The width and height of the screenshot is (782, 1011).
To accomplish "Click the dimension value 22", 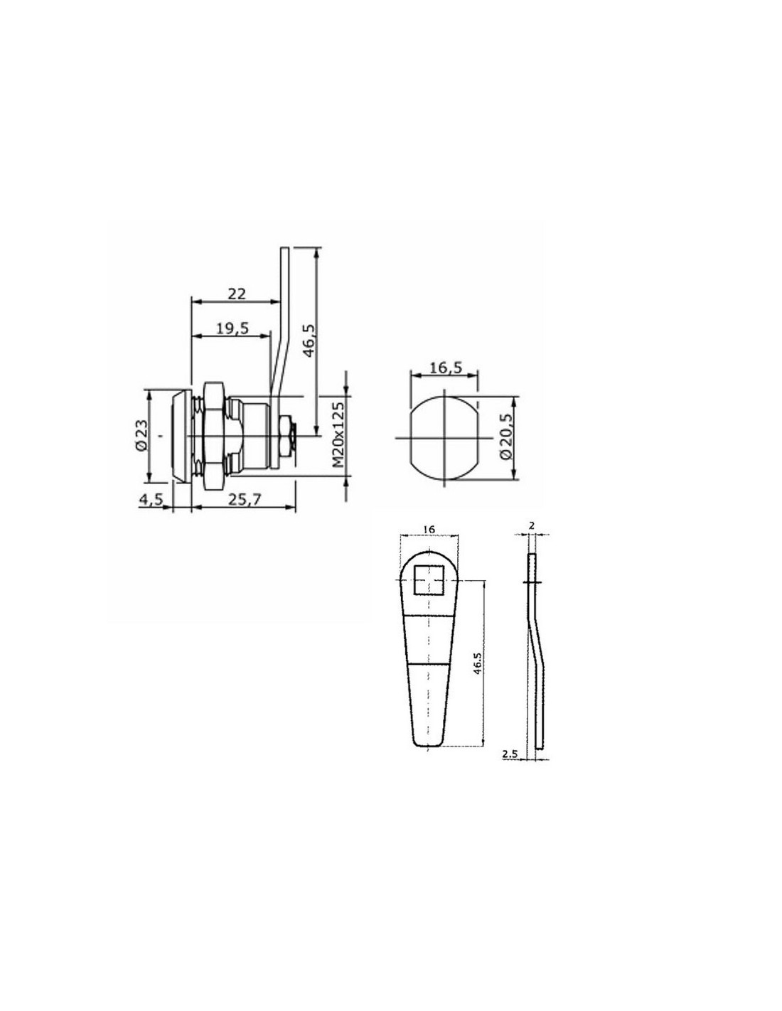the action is [236, 294].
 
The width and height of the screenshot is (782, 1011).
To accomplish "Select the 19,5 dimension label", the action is [232, 328].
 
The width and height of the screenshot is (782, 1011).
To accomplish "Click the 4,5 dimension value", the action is [151, 499].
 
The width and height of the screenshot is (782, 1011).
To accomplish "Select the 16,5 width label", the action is [445, 368].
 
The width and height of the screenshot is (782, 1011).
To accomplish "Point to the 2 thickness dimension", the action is [532, 525].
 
